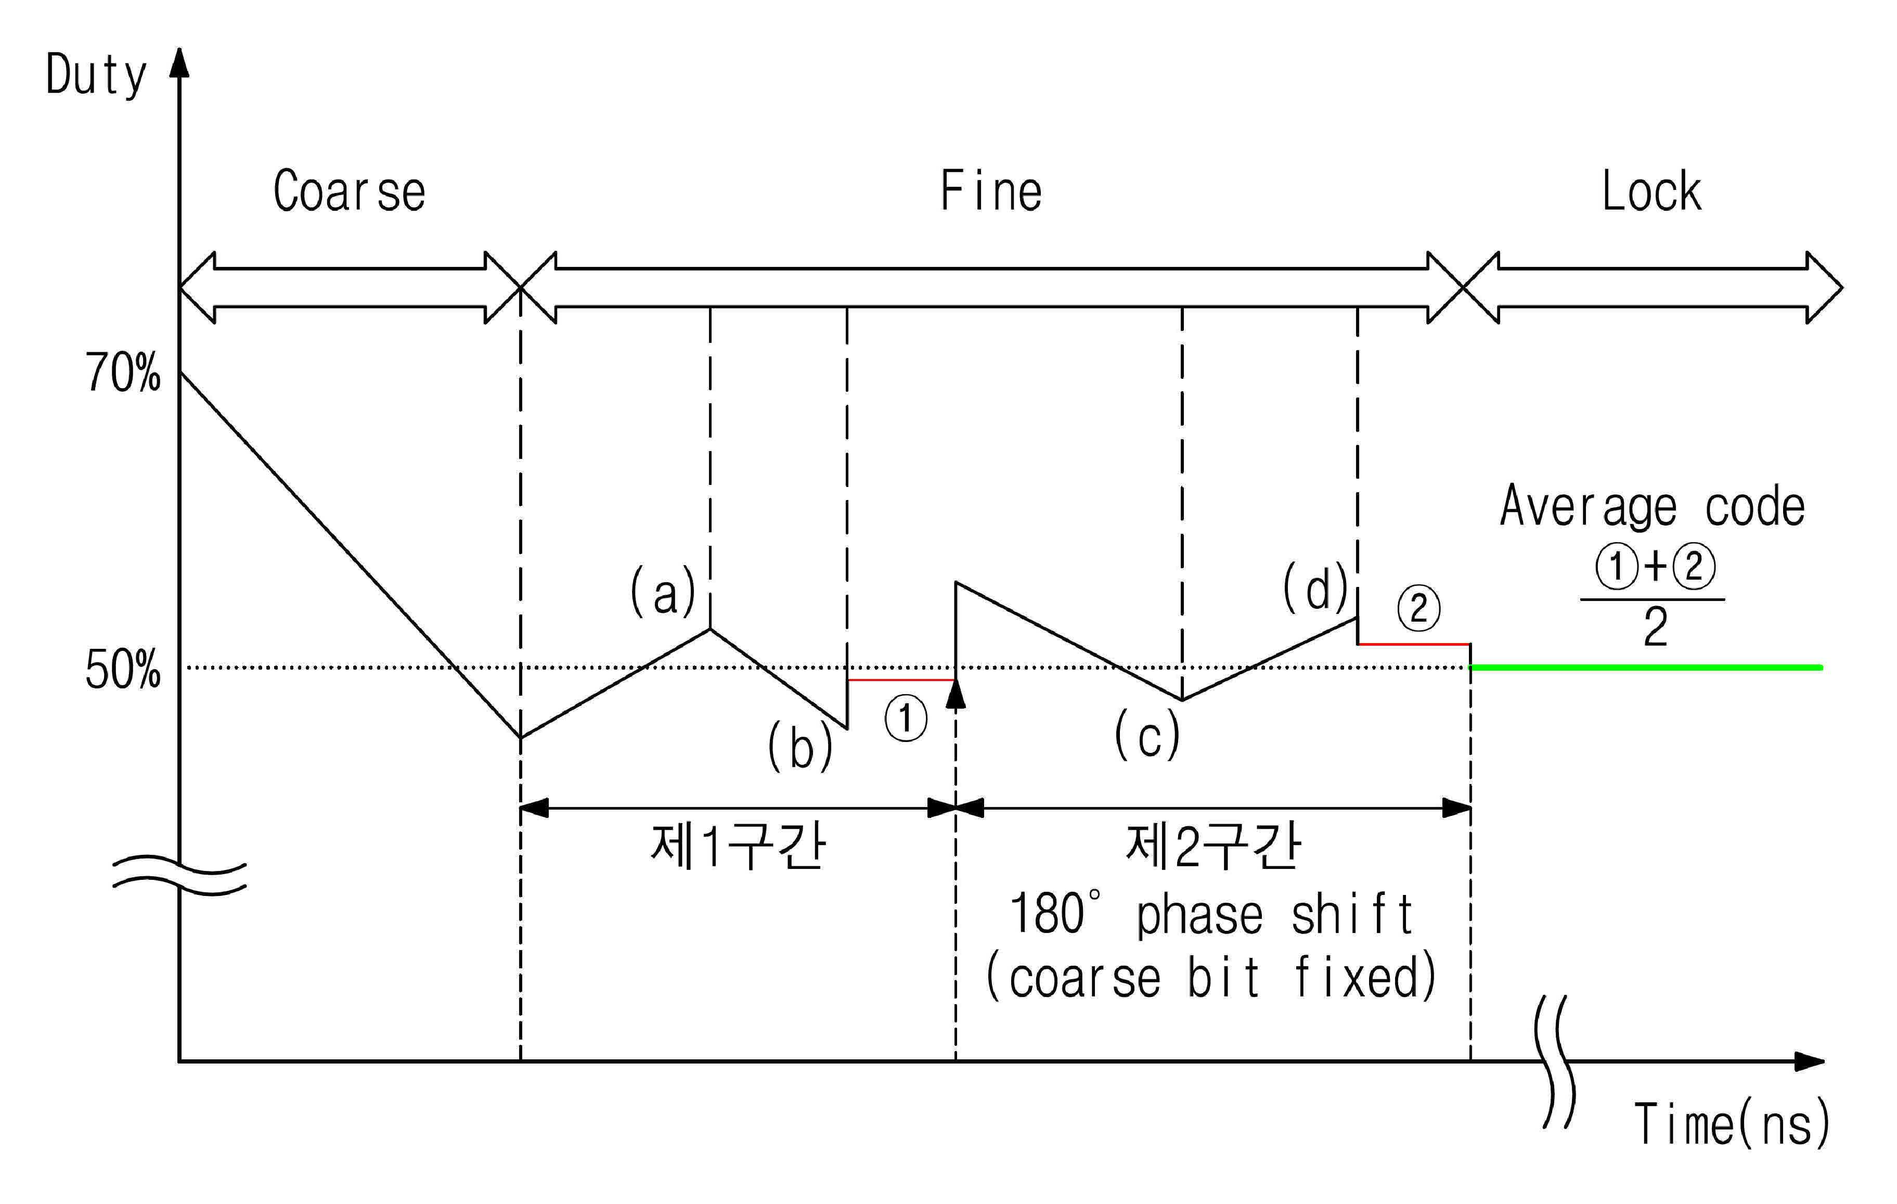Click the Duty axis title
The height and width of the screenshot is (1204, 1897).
97,75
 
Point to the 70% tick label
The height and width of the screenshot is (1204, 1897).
123,373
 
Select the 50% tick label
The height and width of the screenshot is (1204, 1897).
123,670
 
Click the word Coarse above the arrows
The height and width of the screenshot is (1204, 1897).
349,191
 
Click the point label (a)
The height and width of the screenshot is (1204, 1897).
663,592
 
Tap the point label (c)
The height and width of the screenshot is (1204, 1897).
1147,734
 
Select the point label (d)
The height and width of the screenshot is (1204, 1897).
1315,587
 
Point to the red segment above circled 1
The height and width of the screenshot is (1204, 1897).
901,679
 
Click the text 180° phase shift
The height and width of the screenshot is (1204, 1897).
1211,914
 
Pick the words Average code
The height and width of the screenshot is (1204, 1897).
1653,507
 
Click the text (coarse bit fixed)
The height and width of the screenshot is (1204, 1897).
1211,977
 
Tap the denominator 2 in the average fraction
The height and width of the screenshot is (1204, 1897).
1655,627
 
